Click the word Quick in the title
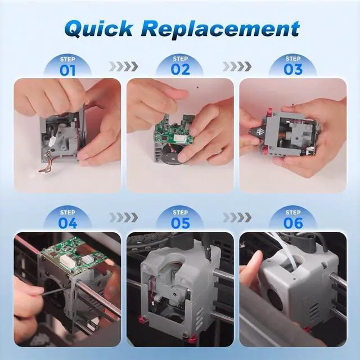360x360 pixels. (x=99, y=29)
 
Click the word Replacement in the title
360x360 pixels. (x=223, y=29)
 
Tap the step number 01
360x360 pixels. (x=67, y=70)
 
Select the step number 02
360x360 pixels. (x=181, y=70)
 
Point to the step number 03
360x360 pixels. (x=293, y=70)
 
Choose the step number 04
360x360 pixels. (x=67, y=223)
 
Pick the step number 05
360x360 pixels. (x=181, y=223)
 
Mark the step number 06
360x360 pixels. (x=293, y=223)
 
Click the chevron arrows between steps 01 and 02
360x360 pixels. (x=124, y=66)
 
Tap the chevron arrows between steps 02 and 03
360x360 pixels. (x=237, y=66)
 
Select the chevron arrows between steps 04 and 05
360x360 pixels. (x=124, y=218)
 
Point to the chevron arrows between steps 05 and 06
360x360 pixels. (x=237, y=218)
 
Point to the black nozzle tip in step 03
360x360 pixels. (x=255, y=133)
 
